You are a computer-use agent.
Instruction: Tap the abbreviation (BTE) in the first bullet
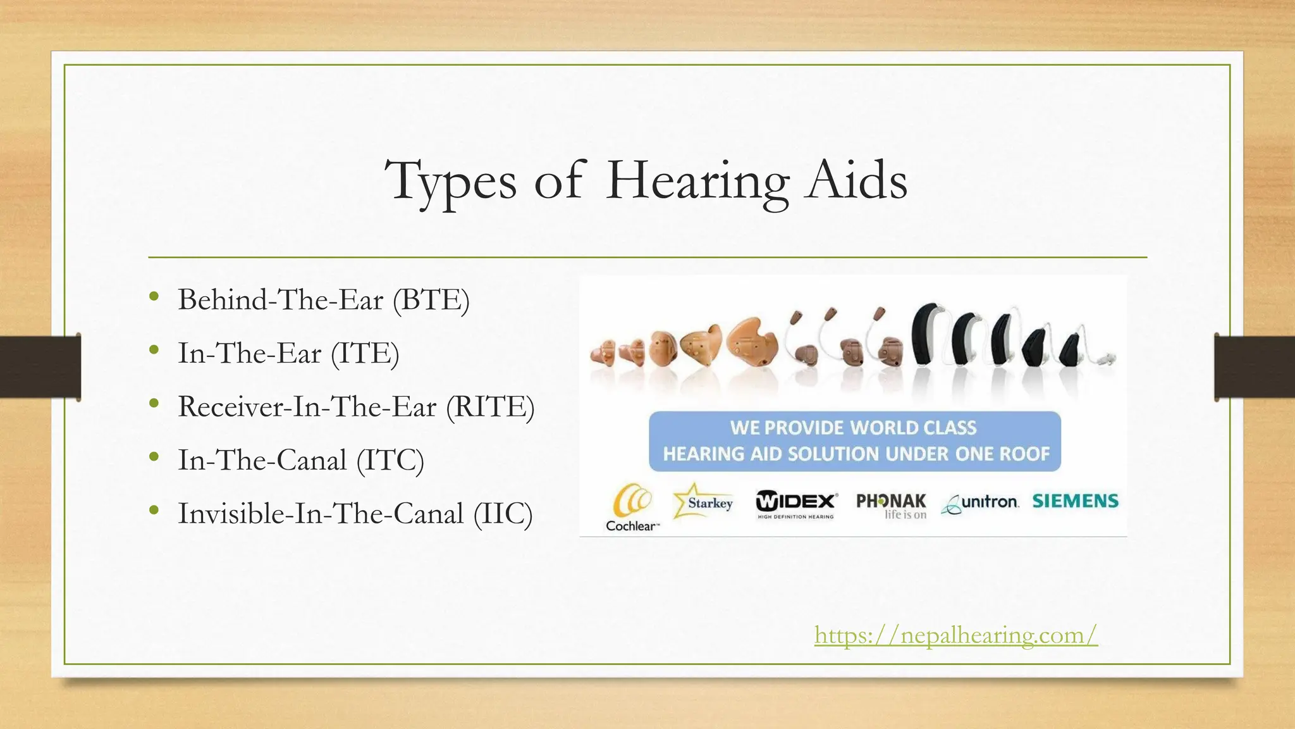pos(431,299)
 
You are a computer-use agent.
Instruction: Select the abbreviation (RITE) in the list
pos(490,406)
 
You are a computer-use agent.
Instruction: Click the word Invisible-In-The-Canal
pos(321,513)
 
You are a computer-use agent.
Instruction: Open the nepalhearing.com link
pos(955,634)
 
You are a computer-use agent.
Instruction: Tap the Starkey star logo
pos(703,502)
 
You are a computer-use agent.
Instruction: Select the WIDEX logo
pos(796,504)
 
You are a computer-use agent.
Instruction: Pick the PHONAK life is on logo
pos(891,506)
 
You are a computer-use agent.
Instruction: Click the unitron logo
pos(980,503)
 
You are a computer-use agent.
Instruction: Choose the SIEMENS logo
pos(1075,501)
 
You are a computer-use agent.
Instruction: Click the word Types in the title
pos(451,181)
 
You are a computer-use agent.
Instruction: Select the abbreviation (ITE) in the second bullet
pos(365,353)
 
